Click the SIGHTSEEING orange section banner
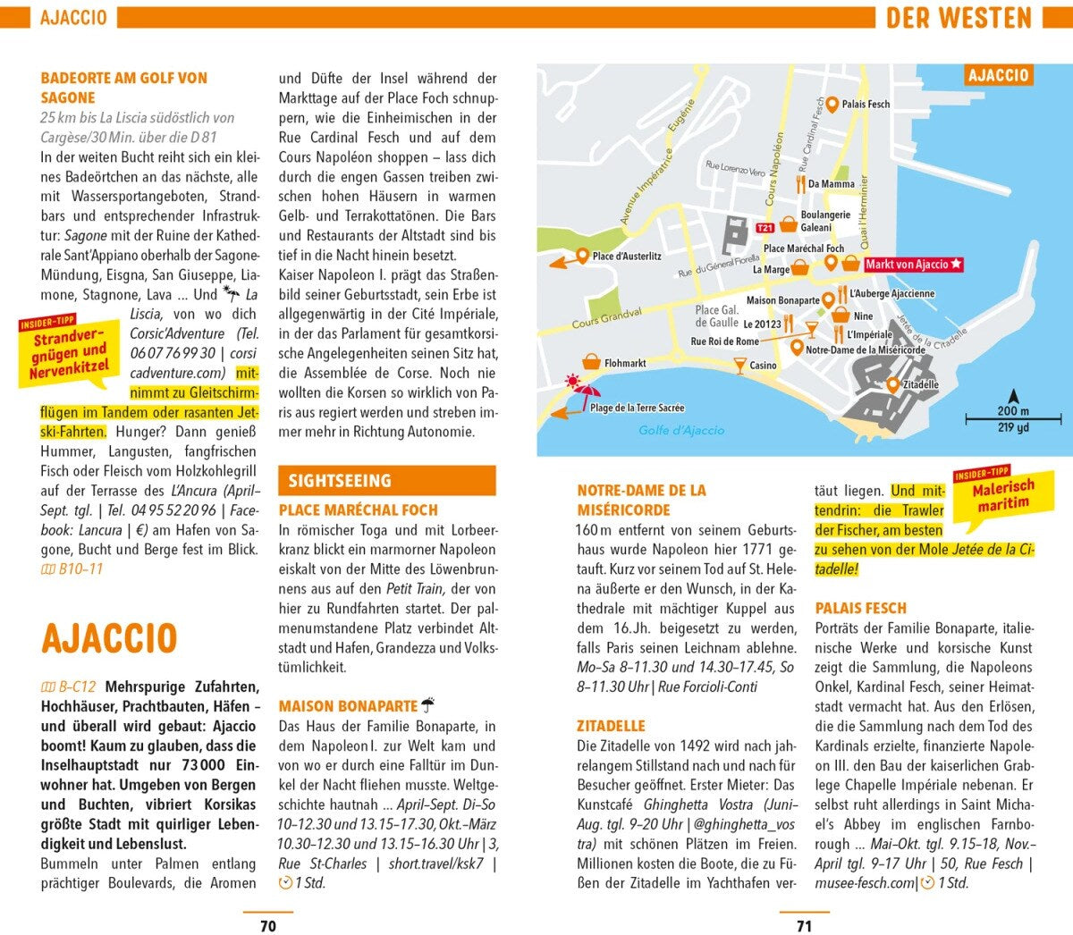tap(386, 481)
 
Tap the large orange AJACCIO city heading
tap(109, 638)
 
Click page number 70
tap(267, 926)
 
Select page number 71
tap(804, 926)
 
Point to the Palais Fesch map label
tap(866, 105)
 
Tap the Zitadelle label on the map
tap(920, 385)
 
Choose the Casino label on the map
tap(763, 366)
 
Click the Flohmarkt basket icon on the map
tap(591, 362)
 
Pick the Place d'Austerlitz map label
tap(627, 257)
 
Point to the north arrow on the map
tap(1013, 396)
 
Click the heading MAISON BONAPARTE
tap(348, 706)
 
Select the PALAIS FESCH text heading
tap(860, 608)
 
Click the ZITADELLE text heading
tap(611, 726)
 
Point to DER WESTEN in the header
tap(959, 18)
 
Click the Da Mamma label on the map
tap(831, 184)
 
